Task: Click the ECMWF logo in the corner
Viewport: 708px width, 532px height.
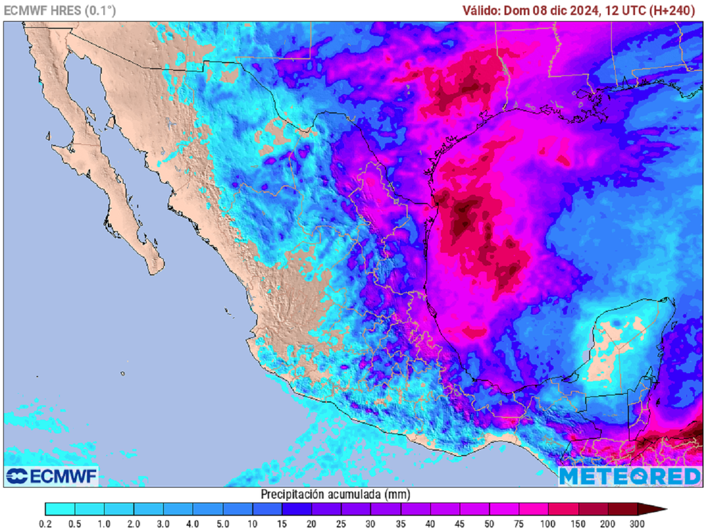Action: [x=52, y=476]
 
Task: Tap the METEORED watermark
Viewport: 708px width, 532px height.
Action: [x=630, y=476]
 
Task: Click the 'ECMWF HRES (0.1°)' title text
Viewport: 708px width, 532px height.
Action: [x=60, y=10]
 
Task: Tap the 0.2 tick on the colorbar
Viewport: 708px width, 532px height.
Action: [x=46, y=524]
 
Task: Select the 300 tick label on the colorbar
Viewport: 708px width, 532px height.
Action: [x=637, y=524]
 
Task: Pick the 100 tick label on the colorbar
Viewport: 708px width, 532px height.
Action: [x=548, y=524]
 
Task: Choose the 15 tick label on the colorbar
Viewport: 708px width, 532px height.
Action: [x=282, y=524]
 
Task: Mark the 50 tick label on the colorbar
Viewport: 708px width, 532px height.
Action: [x=490, y=524]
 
